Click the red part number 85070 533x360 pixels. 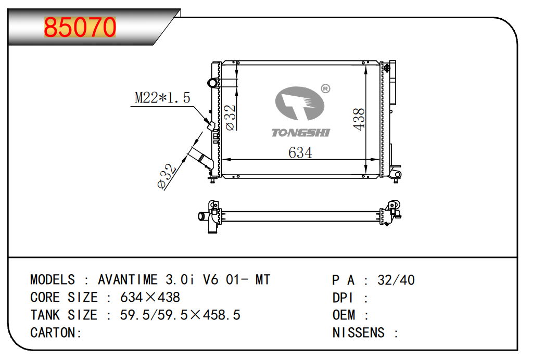click(x=80, y=27)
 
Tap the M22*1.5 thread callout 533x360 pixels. click(x=162, y=98)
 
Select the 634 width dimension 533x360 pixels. click(x=300, y=152)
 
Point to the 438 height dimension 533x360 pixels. click(x=359, y=119)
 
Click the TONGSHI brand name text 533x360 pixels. click(x=301, y=133)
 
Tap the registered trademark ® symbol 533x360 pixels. click(x=325, y=88)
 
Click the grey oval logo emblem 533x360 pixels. click(x=299, y=103)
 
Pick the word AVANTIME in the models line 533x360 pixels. click(x=128, y=280)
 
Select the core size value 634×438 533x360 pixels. click(x=150, y=298)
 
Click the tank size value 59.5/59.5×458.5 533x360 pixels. click(x=180, y=315)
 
